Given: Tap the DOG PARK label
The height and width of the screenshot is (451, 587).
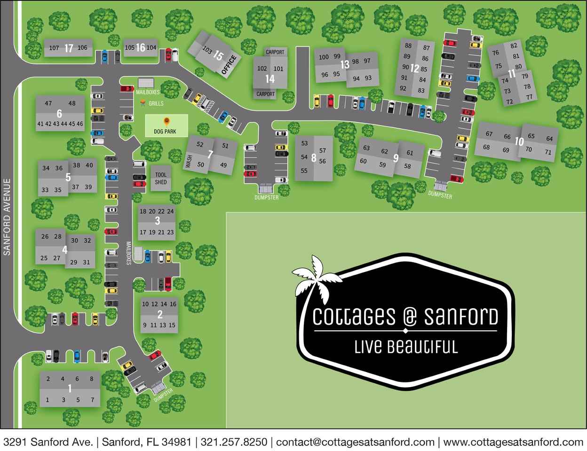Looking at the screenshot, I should [165, 132].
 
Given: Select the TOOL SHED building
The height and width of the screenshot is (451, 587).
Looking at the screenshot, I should [161, 179].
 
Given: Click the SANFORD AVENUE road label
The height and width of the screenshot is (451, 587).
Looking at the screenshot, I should [7, 217].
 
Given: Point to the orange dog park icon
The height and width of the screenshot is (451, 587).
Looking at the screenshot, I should [166, 121].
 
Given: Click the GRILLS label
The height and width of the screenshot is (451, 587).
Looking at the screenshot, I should [156, 103].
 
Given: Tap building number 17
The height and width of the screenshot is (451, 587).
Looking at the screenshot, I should [69, 48].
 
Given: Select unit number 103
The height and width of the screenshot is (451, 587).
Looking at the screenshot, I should [207, 49].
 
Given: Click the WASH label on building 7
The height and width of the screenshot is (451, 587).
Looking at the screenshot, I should [189, 163].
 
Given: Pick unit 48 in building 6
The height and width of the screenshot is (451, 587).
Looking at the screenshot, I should [71, 103].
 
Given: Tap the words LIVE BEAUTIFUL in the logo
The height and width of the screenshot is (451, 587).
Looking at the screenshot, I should [405, 347].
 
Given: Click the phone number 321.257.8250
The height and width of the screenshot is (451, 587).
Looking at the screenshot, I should [234, 442].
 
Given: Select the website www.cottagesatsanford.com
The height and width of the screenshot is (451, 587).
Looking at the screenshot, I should [513, 442].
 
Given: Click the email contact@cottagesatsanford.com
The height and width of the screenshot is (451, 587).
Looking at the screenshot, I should [355, 442].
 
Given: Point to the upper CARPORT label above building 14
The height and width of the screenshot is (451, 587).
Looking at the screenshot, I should [275, 52].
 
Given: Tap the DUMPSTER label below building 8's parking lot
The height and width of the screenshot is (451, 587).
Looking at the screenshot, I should [266, 197].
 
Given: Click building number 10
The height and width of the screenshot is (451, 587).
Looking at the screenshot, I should [519, 141].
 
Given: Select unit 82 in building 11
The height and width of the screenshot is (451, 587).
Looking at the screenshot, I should [514, 46].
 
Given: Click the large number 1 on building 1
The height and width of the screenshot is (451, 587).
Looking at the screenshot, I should [70, 389].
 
